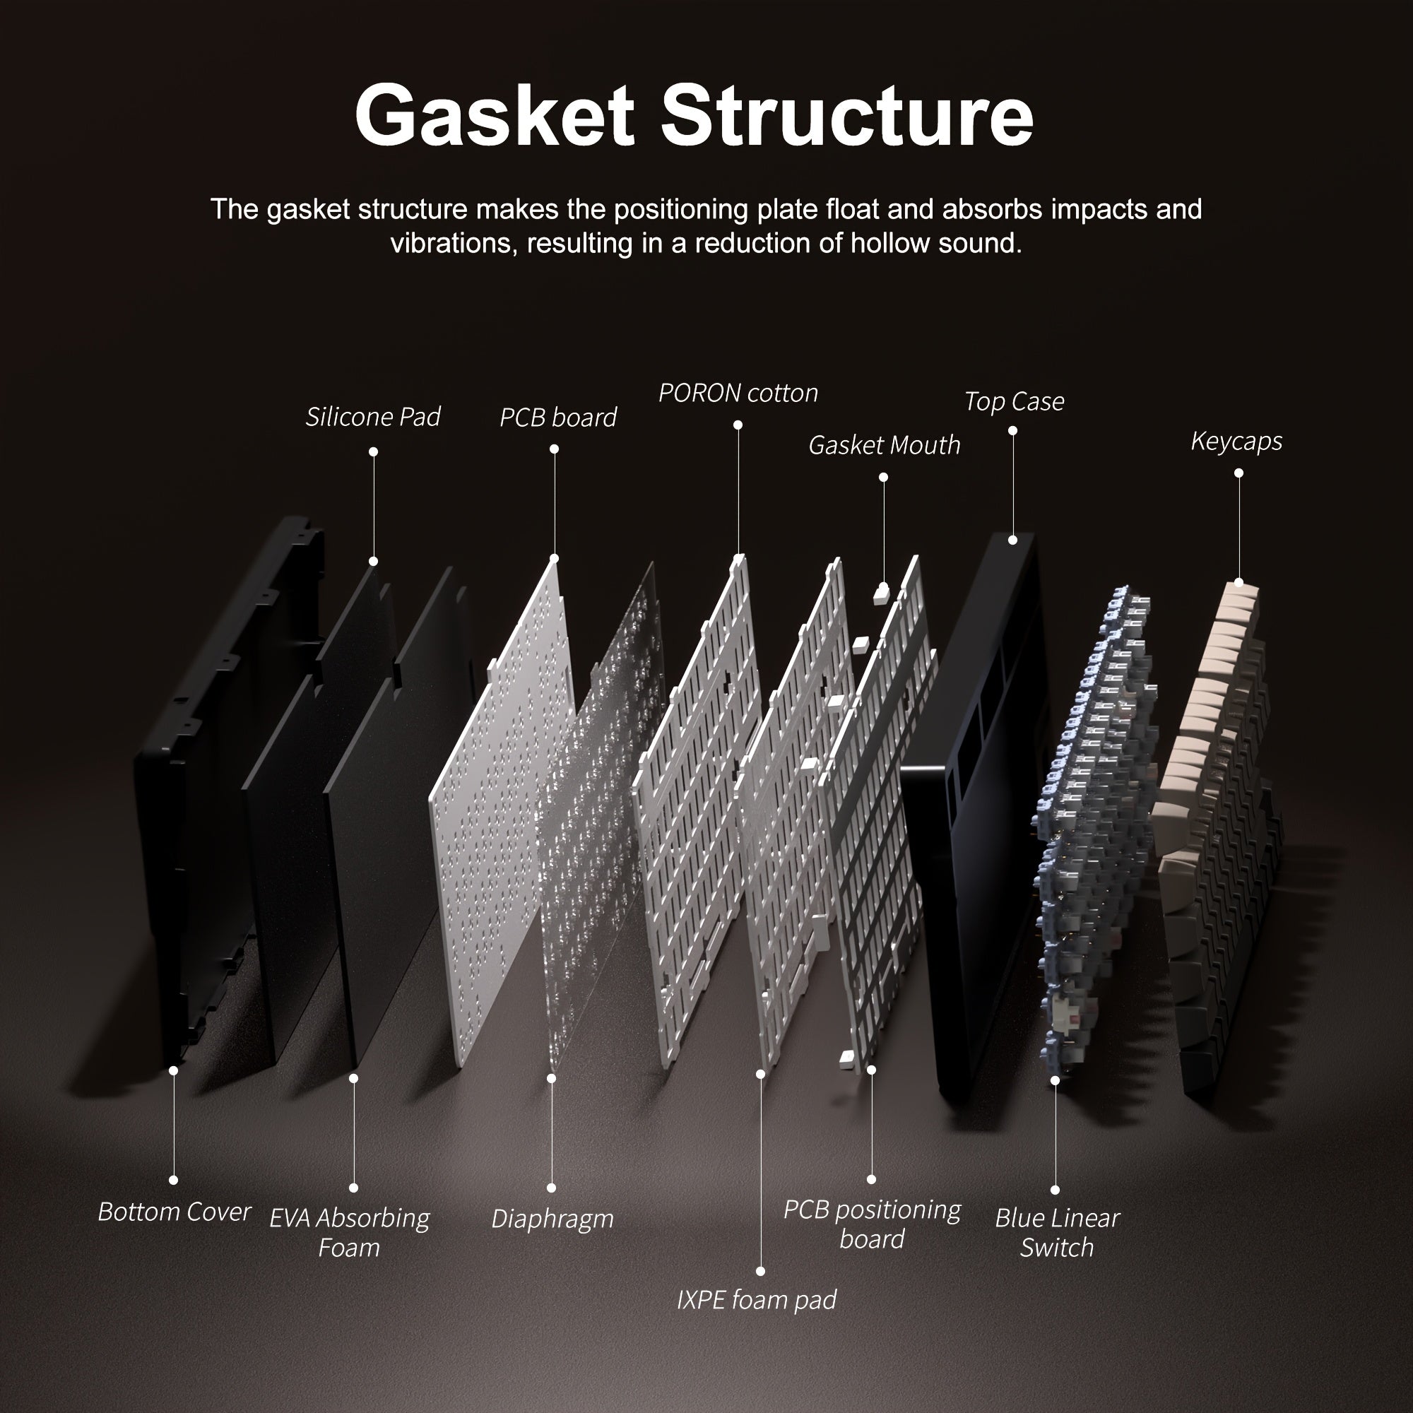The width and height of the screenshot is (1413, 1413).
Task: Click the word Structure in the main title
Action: [847, 116]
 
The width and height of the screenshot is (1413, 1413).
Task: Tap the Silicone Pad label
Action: [373, 417]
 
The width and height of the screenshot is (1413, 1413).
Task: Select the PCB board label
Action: [558, 418]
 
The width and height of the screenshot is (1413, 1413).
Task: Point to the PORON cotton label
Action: [738, 394]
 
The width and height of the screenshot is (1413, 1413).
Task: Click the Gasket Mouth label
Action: [885, 445]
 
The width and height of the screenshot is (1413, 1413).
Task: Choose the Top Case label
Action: [1014, 401]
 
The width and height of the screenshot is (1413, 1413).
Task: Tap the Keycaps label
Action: [1236, 441]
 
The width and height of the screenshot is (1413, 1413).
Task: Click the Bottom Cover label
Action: [174, 1212]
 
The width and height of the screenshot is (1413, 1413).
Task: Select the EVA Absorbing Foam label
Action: [350, 1232]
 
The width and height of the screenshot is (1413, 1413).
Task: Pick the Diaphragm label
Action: [552, 1219]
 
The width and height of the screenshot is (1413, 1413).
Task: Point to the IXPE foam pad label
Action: [756, 1300]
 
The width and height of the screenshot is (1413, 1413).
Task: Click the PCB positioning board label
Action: [872, 1224]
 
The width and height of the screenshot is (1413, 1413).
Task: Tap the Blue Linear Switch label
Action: [1057, 1232]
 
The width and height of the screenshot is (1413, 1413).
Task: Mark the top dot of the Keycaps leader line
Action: [1239, 473]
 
